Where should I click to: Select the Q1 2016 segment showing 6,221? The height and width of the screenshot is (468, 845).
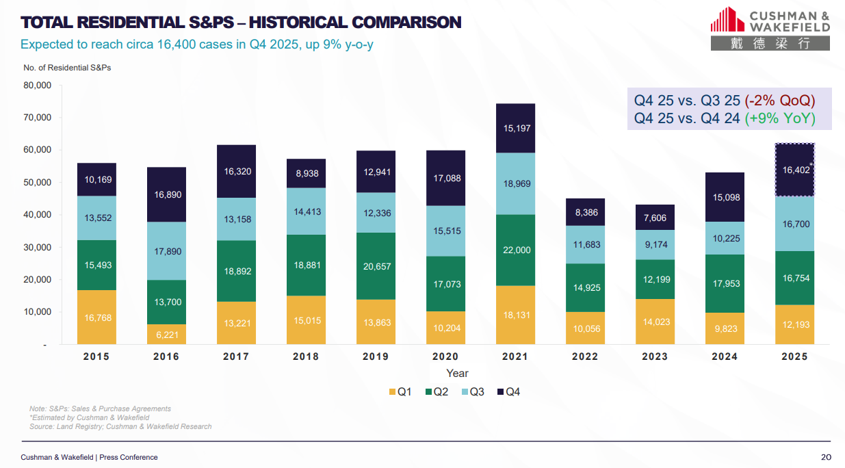pyautogui.click(x=166, y=335)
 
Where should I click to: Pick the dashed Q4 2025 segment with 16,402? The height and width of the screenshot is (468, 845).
pyautogui.click(x=794, y=169)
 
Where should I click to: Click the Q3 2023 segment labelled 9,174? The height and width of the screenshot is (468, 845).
pyautogui.click(x=655, y=244)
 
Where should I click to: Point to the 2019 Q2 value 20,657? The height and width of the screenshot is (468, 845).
pyautogui.click(x=376, y=266)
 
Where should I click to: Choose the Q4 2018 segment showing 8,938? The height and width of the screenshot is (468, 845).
pyautogui.click(x=306, y=174)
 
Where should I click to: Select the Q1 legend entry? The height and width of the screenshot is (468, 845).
pyautogui.click(x=400, y=392)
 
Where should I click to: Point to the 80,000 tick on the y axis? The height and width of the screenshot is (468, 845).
pyautogui.click(x=38, y=86)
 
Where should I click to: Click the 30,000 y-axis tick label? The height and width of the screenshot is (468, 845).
pyautogui.click(x=38, y=247)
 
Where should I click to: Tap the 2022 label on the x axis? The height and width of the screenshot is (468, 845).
pyautogui.click(x=585, y=356)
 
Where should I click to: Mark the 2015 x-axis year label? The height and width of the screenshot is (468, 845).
pyautogui.click(x=96, y=356)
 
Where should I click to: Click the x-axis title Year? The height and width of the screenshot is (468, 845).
pyautogui.click(x=457, y=374)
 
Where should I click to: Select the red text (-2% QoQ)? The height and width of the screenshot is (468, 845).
pyautogui.click(x=780, y=101)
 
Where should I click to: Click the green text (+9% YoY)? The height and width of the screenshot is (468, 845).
pyautogui.click(x=779, y=118)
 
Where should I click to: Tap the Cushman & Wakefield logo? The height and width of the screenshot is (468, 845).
pyautogui.click(x=770, y=28)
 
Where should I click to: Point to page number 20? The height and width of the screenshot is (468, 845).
pyautogui.click(x=825, y=457)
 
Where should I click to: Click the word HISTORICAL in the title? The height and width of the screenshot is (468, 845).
pyautogui.click(x=294, y=23)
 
